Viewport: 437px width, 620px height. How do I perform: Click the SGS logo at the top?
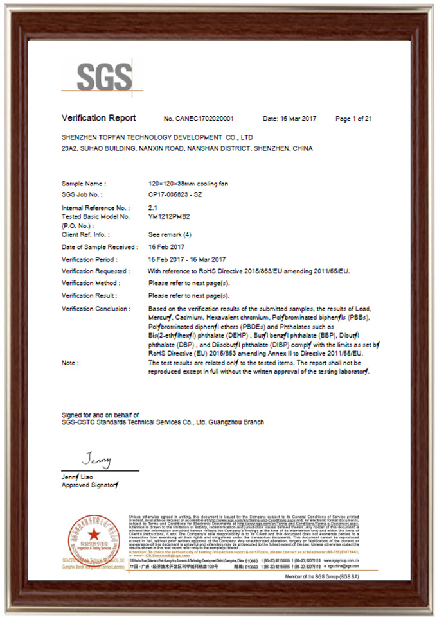[104, 78]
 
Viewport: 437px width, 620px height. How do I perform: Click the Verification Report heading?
[98, 118]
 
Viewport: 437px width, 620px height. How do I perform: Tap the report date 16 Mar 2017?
[290, 119]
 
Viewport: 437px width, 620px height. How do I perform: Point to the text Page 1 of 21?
[353, 119]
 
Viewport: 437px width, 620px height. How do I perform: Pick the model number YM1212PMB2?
[169, 217]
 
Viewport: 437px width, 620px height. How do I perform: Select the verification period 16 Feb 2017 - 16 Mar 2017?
[187, 259]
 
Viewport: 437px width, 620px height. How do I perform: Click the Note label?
[70, 363]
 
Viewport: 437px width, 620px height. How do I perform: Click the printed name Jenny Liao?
[77, 477]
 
